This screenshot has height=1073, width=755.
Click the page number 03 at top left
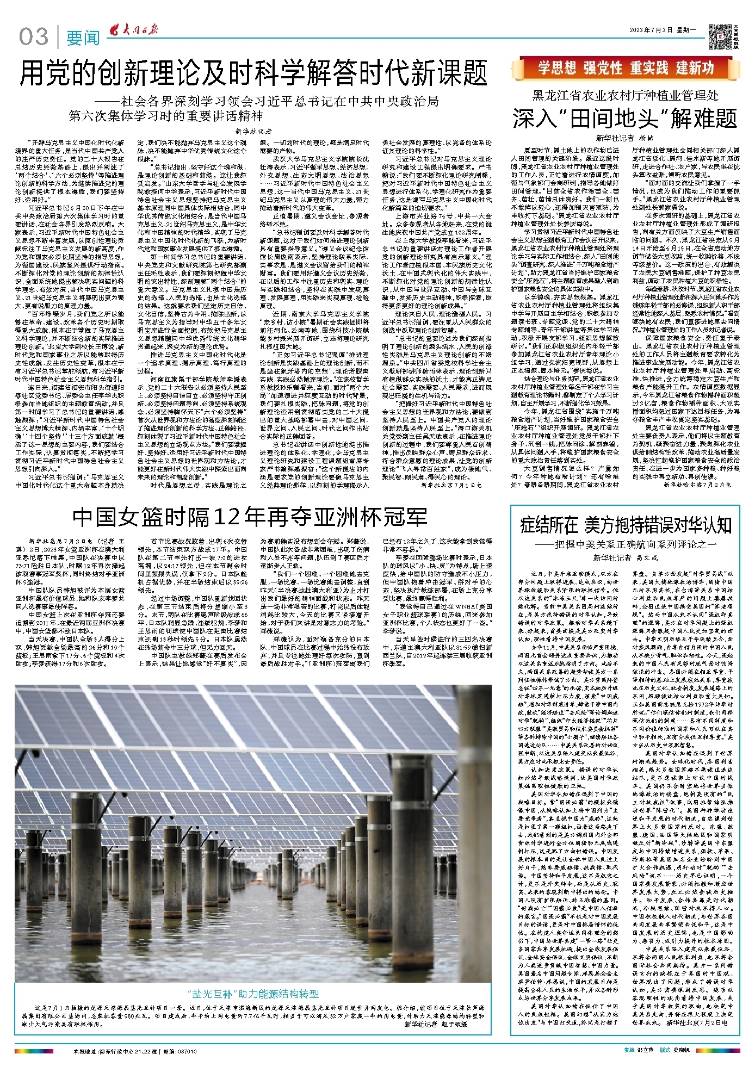point(33,37)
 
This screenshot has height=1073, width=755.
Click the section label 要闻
point(83,38)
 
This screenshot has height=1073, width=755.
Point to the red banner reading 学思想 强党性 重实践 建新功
point(625,68)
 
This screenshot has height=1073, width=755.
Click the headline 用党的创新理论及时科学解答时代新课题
point(253,73)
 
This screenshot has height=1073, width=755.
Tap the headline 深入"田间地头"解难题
point(624,119)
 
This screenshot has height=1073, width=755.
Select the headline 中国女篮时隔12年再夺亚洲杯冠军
point(250,517)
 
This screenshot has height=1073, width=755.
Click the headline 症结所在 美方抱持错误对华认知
point(625,525)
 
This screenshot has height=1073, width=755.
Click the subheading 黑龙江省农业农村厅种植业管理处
point(625,96)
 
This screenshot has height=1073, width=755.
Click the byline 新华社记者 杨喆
point(624,138)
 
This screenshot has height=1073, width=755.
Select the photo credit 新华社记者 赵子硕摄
point(436,1024)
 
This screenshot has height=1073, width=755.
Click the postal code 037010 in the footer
point(186,1051)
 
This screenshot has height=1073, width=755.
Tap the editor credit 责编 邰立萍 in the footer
point(639,1050)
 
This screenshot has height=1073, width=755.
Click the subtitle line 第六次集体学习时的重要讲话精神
point(166,116)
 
